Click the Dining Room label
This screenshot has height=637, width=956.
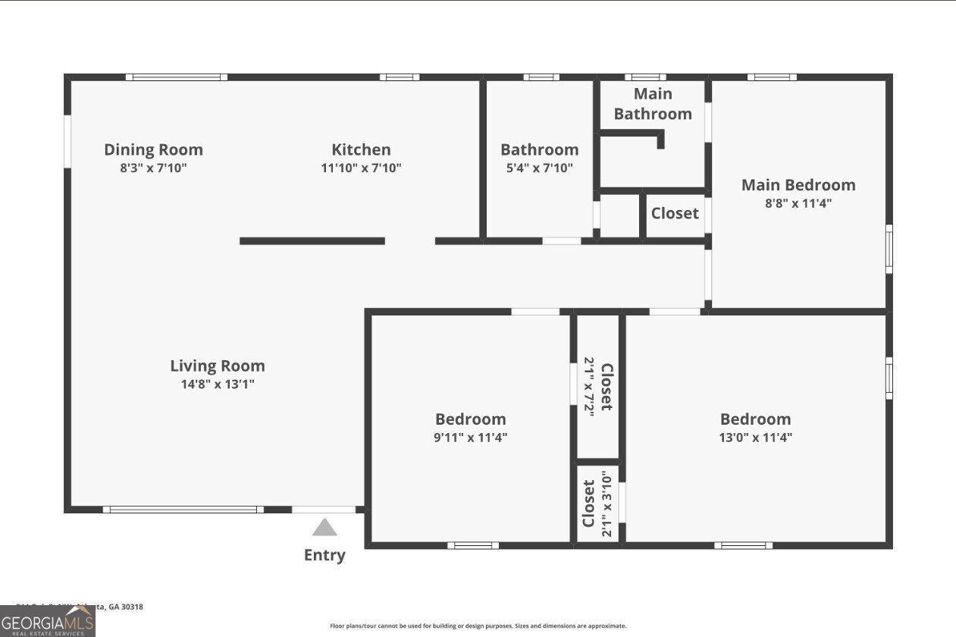pos(153,149)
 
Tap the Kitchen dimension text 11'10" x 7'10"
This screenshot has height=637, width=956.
pos(361,168)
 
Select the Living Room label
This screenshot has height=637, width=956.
pos(217,366)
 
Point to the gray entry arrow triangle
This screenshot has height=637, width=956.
pos(324,528)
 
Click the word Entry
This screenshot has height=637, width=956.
pos(324,555)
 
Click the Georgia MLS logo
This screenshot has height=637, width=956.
pos(48,621)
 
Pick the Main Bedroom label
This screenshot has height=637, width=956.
pos(798,185)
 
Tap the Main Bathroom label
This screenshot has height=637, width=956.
pos(653,104)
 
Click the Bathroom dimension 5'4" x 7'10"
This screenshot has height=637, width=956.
pos(539,168)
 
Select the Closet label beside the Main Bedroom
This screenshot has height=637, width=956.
pos(675,213)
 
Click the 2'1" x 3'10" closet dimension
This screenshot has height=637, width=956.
pos(606,504)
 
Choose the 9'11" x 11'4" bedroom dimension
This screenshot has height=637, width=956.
pos(470,438)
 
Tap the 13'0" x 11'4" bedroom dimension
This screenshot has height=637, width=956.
pos(755,438)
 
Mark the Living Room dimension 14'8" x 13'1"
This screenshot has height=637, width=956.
pos(217,384)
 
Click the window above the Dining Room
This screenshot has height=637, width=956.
pos(176,77)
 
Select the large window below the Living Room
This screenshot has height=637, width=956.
pos(183,510)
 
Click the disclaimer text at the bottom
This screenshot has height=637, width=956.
pos(478,626)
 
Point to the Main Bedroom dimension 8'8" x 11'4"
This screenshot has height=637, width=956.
pos(798,203)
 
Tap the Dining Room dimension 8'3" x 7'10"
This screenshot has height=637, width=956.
pos(153,168)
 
